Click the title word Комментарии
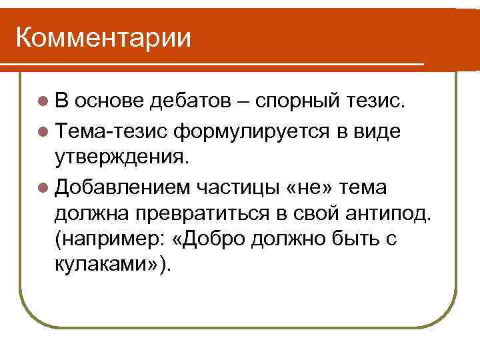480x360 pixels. coord(103,38)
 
